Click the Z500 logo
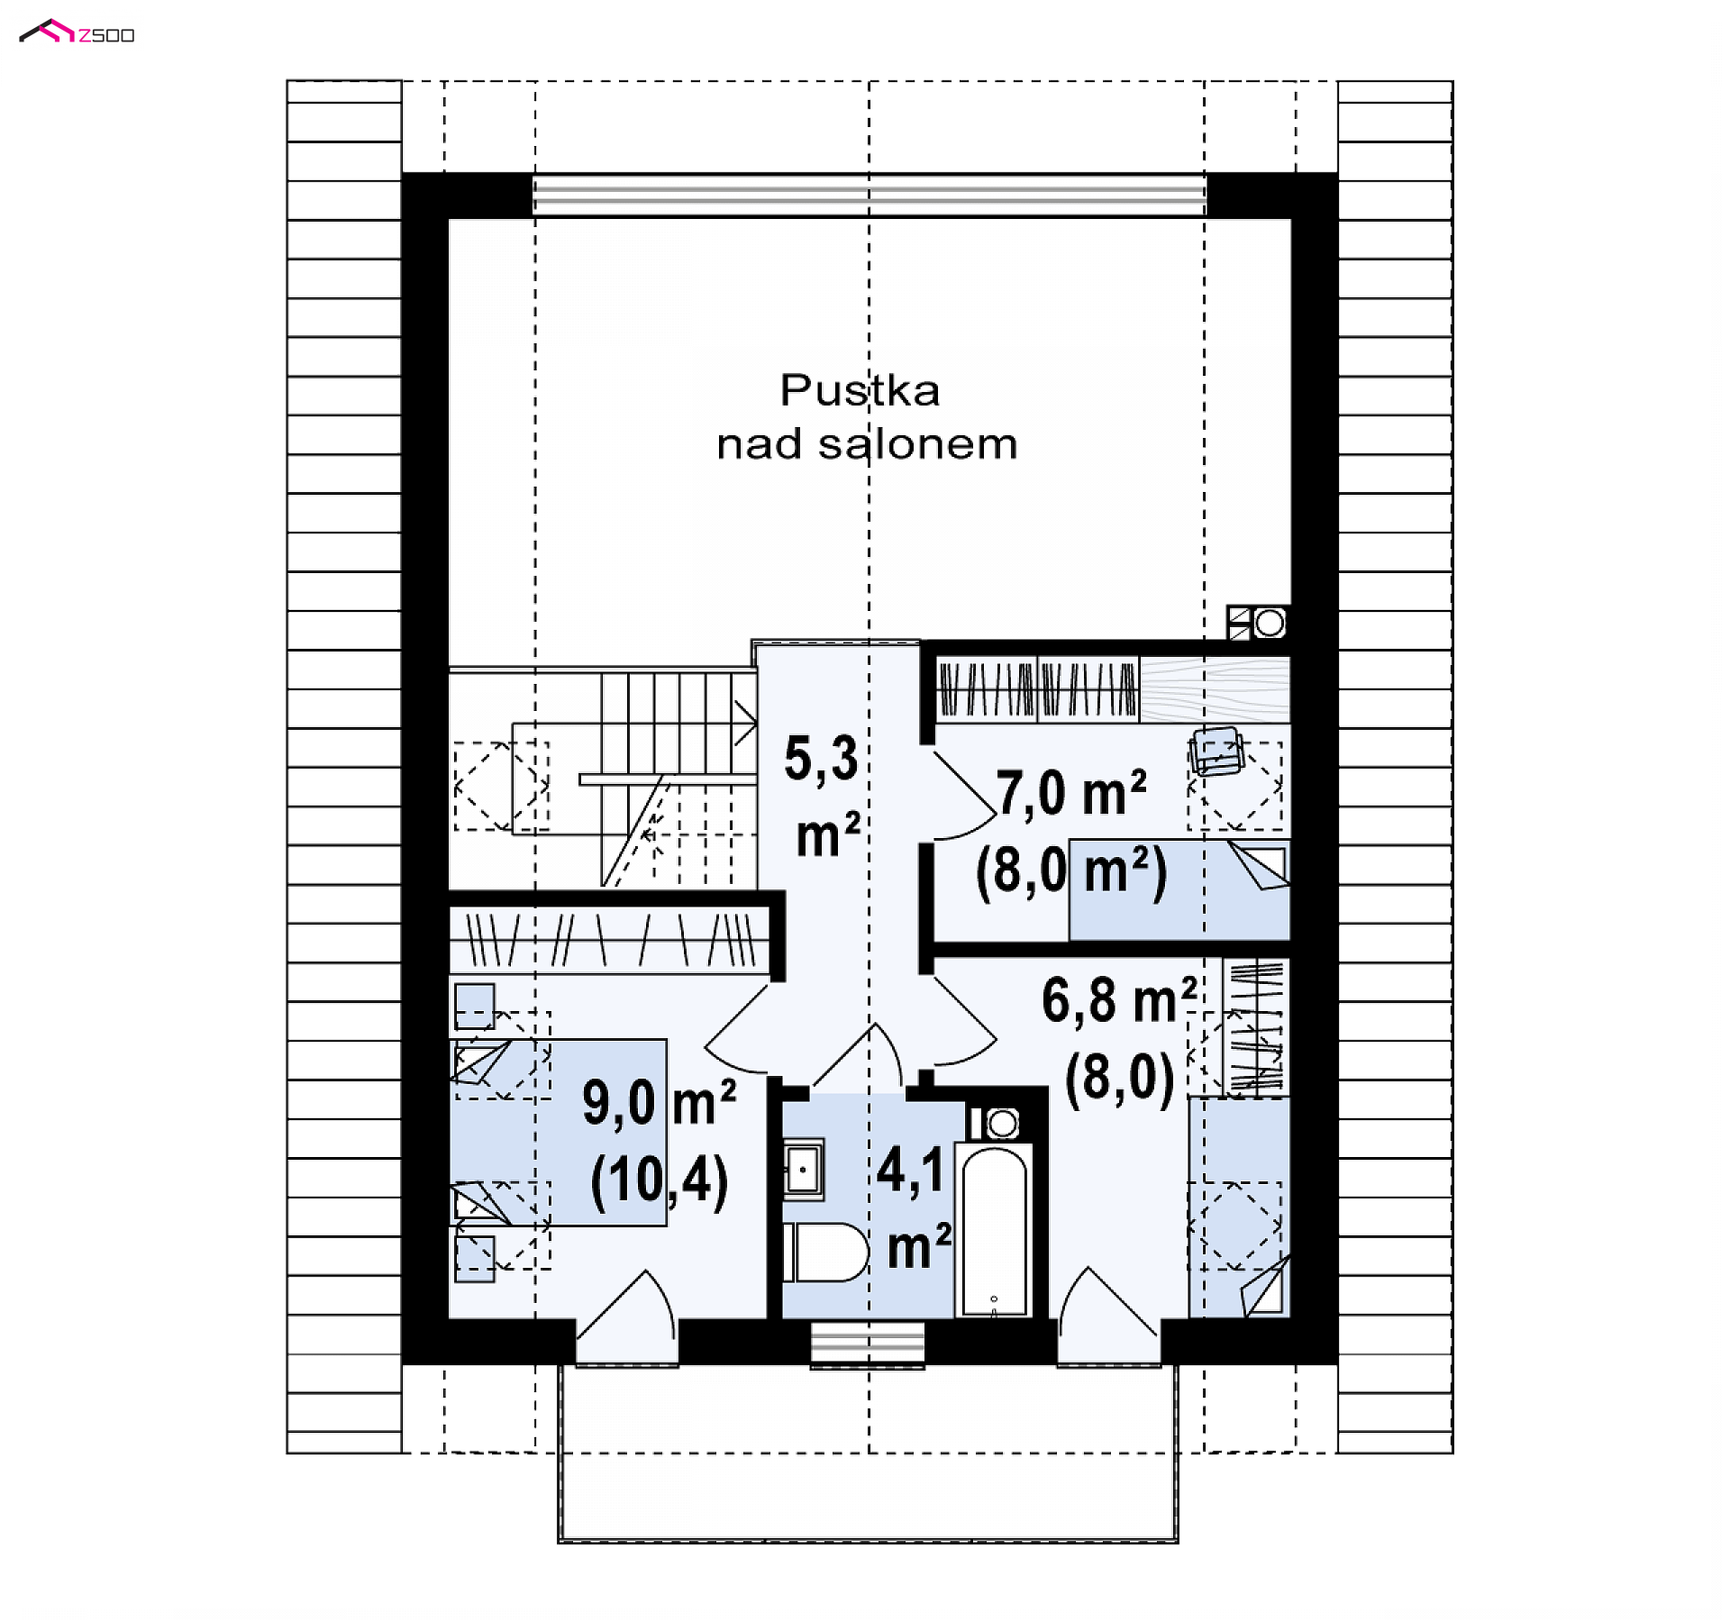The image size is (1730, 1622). (77, 32)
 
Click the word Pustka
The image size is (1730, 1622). (860, 391)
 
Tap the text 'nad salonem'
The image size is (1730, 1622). (867, 444)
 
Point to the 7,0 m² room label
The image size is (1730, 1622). (1070, 794)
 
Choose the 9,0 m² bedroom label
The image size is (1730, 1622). (659, 1103)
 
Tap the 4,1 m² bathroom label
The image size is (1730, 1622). (914, 1208)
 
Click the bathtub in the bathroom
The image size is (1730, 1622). (994, 1230)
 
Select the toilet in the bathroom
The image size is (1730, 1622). (824, 1253)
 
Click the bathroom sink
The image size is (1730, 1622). (802, 1171)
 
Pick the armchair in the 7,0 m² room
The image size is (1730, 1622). (1216, 751)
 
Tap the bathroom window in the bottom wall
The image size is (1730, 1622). (867, 1344)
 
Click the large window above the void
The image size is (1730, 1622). (869, 195)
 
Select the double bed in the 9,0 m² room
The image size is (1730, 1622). (558, 1133)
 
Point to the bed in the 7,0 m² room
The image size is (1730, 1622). (1179, 890)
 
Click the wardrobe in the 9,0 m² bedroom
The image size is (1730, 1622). (609, 940)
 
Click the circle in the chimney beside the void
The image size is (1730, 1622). (1270, 623)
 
